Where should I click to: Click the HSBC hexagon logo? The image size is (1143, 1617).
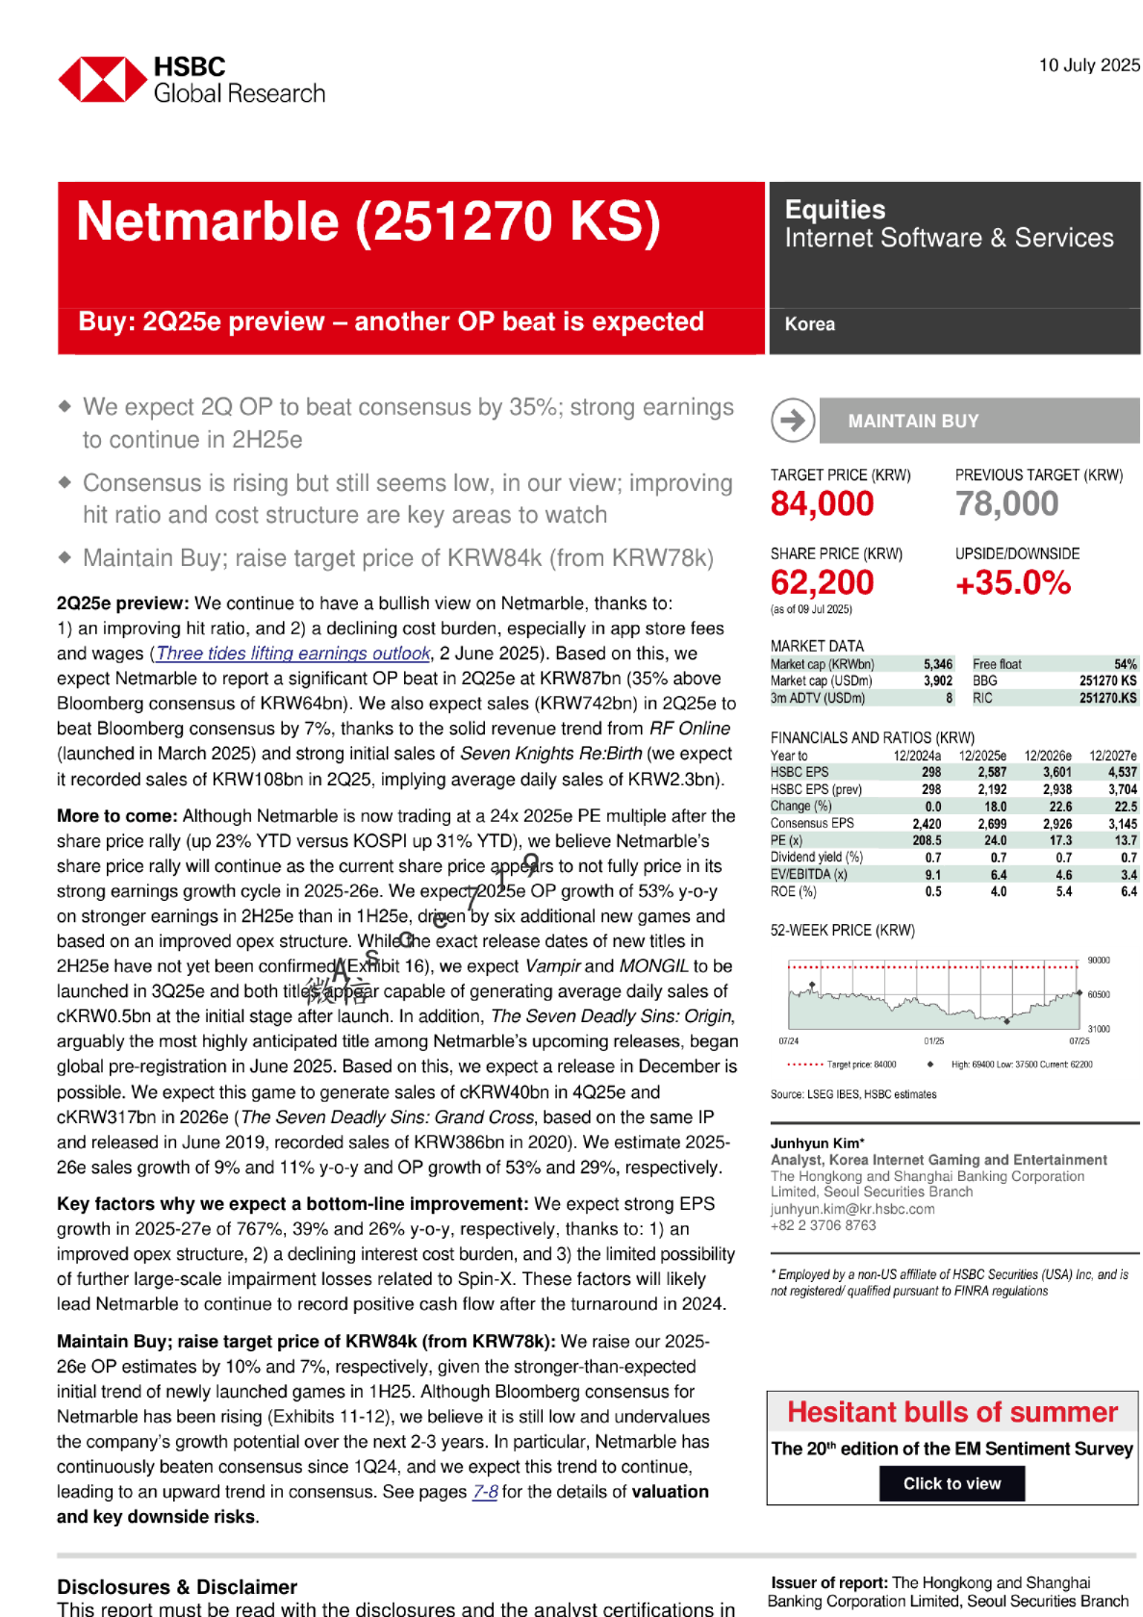pos(103,80)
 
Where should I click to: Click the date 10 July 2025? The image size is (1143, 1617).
pos(1089,65)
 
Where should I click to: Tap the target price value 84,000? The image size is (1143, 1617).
pos(822,503)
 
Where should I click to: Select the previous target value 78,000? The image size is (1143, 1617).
pos(1006,503)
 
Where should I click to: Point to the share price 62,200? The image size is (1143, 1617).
pos(822,582)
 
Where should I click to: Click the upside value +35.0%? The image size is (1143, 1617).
pos(1012,582)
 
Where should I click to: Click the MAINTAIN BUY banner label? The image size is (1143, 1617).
pos(913,421)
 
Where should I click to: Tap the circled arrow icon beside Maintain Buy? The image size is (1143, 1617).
pos(793,421)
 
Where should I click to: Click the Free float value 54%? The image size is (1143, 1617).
pos(1125,664)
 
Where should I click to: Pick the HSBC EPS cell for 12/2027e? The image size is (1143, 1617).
pos(1122,772)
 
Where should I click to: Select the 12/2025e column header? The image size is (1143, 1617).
pos(982,756)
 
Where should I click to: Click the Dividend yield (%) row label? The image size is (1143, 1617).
pos(816,857)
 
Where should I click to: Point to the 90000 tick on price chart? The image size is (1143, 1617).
pos(1098,961)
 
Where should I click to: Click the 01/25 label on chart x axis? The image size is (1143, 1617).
pos(933,1041)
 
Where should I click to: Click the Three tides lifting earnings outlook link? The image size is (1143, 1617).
pos(292,654)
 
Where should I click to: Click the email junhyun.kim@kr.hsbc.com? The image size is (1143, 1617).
pos(851,1209)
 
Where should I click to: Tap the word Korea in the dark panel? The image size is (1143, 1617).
pos(809,324)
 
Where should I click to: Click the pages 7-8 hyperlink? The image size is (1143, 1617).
pos(485,1492)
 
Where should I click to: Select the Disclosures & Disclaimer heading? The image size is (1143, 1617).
pos(177,1587)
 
